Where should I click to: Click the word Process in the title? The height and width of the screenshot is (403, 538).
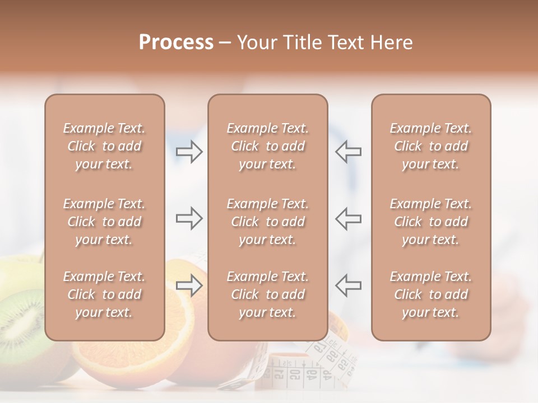pos(176,42)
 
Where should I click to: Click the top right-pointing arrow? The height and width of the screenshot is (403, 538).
pos(189,152)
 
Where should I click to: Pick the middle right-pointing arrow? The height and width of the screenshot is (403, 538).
pos(189,218)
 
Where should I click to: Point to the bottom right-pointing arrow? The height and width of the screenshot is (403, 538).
pos(189,285)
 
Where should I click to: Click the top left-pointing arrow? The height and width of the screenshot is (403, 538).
pos(348,152)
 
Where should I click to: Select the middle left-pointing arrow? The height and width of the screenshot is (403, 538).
pos(348,218)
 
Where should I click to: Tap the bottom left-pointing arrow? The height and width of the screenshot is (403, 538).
pos(348,285)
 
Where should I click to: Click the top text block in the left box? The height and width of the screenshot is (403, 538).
pos(104,146)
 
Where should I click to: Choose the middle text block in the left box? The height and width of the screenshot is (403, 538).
pos(104,222)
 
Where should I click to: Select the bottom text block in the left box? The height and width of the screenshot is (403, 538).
pos(104,294)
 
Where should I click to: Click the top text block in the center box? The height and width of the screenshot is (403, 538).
pos(267,146)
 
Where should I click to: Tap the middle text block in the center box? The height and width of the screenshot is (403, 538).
pos(267,222)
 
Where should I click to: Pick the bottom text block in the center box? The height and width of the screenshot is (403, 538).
pos(267,294)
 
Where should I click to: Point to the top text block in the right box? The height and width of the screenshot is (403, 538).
pos(430,146)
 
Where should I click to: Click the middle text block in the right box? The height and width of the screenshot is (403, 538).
pos(430,222)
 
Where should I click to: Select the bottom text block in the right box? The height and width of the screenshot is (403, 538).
pos(430,294)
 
